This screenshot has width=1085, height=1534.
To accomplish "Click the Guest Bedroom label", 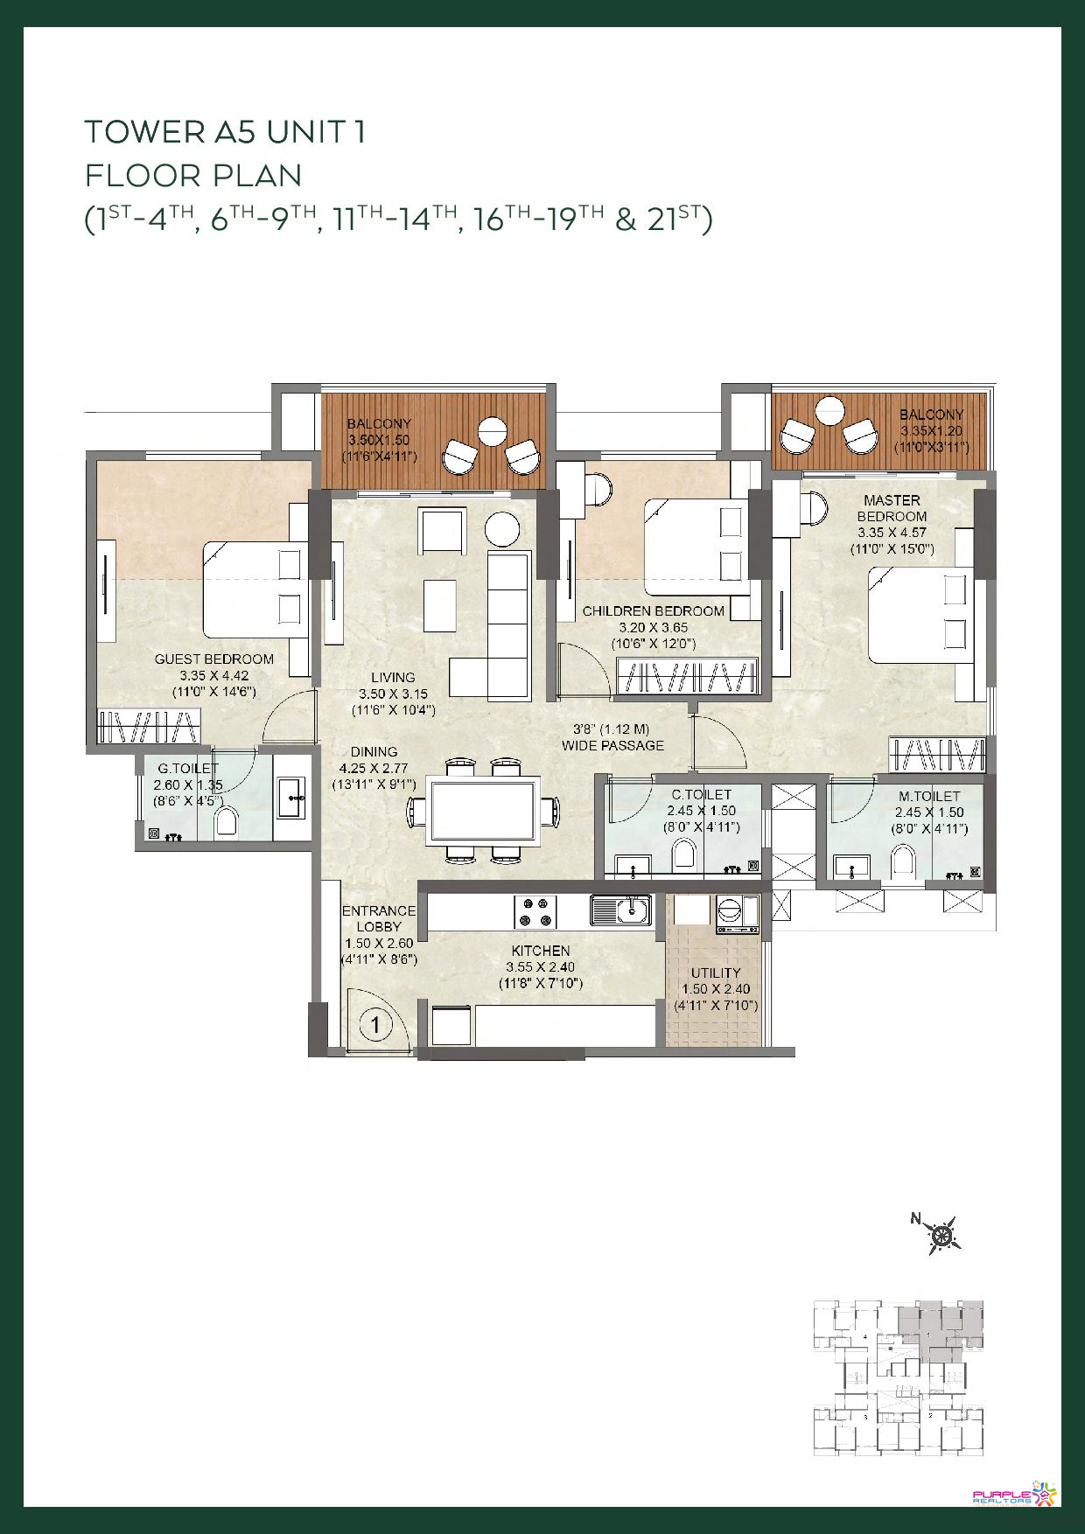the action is point(214,659).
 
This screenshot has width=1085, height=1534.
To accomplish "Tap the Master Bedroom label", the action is point(892,508).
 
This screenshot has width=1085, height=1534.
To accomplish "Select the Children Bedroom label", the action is point(654,611).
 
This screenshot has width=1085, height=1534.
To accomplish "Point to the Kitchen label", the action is point(541,951).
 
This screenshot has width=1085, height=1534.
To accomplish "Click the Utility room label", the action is point(716,973).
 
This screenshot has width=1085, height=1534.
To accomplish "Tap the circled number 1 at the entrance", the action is point(375,1023).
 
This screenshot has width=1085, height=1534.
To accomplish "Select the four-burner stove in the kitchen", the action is point(535,911).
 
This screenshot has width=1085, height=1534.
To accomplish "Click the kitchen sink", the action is point(620,910).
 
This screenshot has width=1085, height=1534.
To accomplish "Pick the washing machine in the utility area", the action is point(737,914).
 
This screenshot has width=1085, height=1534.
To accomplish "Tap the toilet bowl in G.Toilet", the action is point(227,822).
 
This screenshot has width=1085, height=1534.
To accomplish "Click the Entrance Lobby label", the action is point(379,918).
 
